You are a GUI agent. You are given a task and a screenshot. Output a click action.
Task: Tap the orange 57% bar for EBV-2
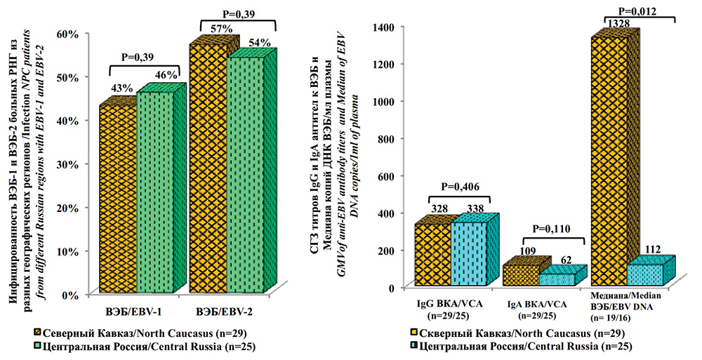pyautogui.click(x=208, y=168)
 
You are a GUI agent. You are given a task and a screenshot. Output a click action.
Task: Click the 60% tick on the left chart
pyautogui.click(x=67, y=33)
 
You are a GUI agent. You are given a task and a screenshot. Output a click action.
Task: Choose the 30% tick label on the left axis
pyautogui.click(x=67, y=164)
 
